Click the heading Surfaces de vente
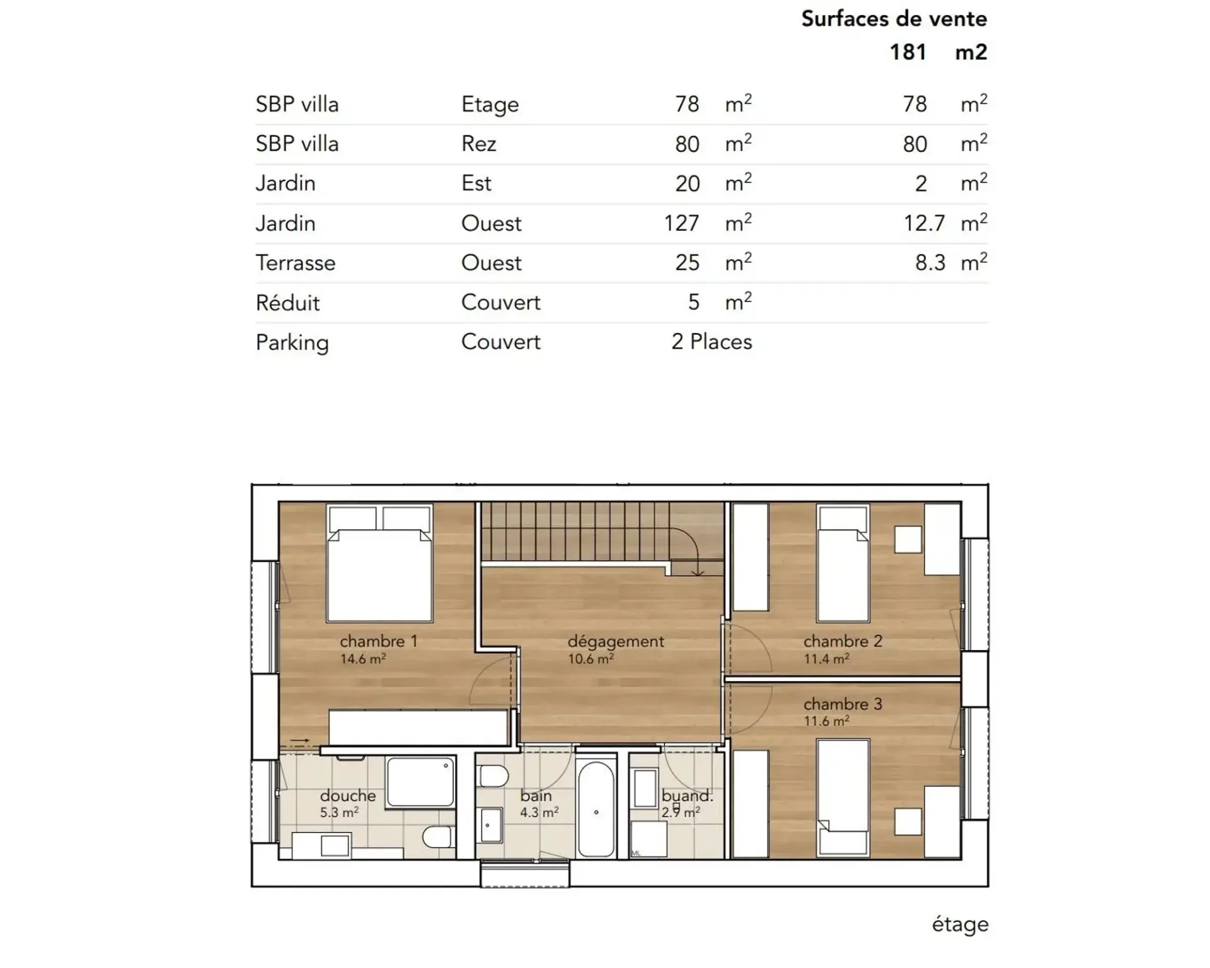tap(894, 19)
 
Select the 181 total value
tap(907, 52)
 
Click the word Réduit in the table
tap(287, 302)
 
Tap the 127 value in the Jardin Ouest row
tap(681, 223)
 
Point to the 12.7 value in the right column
tap(924, 223)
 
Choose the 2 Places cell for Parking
tap(712, 342)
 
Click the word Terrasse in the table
tap(296, 263)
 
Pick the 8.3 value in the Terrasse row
tap(930, 263)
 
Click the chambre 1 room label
tap(379, 641)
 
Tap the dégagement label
tap(616, 641)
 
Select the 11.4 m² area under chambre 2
tap(826, 659)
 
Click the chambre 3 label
tap(843, 704)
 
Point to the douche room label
tap(348, 796)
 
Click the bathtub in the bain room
tap(596, 810)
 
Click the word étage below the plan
tap(960, 924)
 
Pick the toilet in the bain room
tap(493, 776)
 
